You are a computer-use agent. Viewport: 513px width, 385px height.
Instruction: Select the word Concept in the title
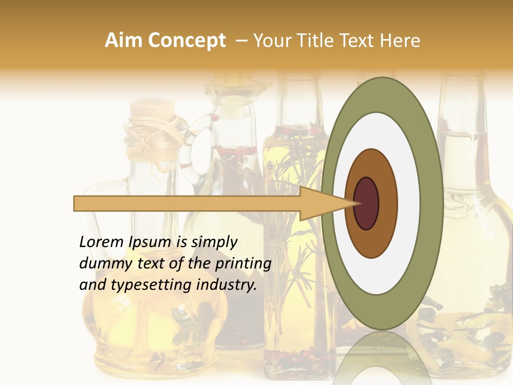point(186,41)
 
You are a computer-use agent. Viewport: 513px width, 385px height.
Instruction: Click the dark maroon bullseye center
point(366,203)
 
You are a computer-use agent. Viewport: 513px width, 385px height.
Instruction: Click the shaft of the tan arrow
point(187,203)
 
